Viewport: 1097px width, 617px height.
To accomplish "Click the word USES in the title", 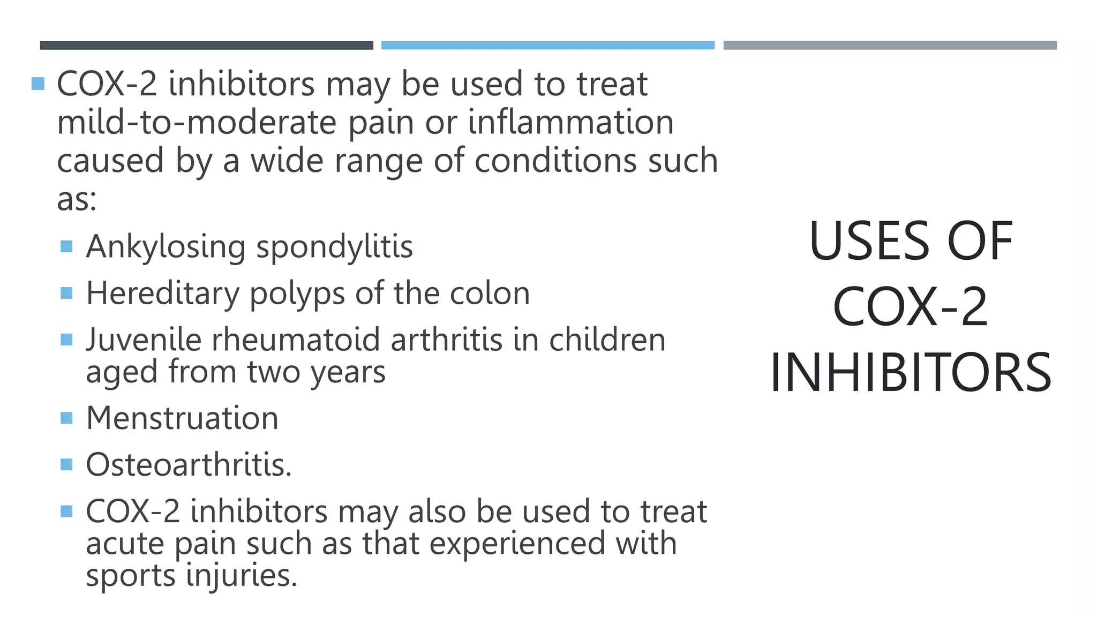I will [x=869, y=242].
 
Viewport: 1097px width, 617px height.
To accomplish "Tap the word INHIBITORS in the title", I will [x=911, y=373].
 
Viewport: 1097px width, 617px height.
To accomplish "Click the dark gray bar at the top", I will [x=206, y=46].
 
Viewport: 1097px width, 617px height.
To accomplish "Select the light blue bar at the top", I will [x=547, y=46].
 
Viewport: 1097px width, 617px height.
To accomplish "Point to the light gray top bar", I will [x=890, y=46].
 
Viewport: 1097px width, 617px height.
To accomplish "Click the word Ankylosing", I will [x=166, y=247].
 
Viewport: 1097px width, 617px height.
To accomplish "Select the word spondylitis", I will [x=334, y=247].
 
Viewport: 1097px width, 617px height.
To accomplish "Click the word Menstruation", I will [x=182, y=418].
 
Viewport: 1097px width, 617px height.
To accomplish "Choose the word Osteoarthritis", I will [x=189, y=465].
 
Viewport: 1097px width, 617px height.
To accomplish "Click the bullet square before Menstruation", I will [x=66, y=418].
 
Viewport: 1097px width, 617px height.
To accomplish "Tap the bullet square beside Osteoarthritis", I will [x=66, y=464].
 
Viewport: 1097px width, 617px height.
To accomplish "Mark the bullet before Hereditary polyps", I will [x=66, y=293].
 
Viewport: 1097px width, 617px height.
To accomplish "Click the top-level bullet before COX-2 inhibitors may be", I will [x=38, y=84].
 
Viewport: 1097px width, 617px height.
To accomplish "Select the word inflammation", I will [x=570, y=123].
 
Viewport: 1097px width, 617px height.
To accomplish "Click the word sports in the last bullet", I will [x=131, y=576].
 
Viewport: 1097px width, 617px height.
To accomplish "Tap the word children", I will [x=607, y=340].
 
